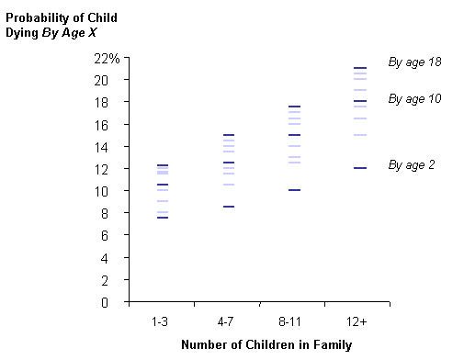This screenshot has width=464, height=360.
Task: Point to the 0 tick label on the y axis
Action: (116, 302)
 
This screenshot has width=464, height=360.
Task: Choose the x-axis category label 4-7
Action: (228, 322)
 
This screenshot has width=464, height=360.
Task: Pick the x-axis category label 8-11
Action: (294, 322)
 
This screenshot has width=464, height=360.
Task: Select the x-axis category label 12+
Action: (360, 322)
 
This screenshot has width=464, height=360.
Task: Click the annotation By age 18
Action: (415, 62)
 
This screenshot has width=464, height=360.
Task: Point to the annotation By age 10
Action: (415, 98)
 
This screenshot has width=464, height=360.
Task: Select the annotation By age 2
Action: (412, 165)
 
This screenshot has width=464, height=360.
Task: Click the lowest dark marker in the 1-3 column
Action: (162, 218)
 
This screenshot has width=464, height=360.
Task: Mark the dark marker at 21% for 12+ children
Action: (360, 68)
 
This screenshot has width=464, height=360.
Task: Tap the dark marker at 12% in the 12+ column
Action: (360, 168)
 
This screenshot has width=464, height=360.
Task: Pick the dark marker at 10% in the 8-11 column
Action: (294, 190)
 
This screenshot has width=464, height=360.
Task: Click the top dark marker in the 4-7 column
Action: (228, 135)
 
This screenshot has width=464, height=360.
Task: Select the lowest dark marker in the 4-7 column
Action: (228, 207)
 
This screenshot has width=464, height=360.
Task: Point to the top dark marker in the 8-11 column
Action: (294, 107)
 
